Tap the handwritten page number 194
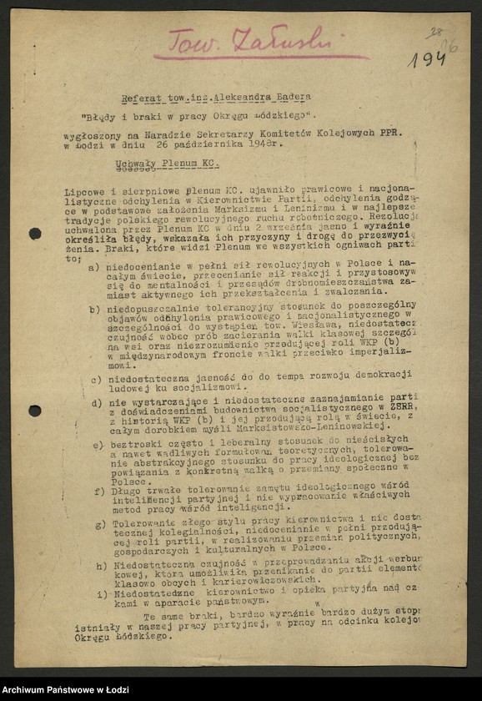pyautogui.click(x=426, y=58)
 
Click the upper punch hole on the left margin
pyautogui.click(x=35, y=233)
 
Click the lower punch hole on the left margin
pyautogui.click(x=35, y=411)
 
